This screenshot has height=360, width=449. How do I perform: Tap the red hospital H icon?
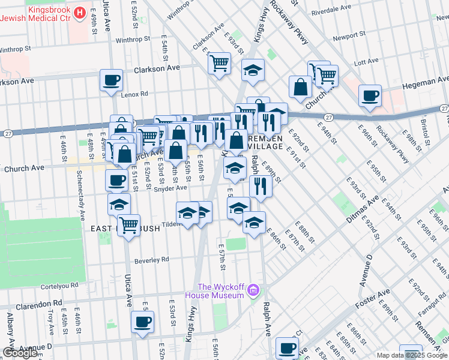click(x=80, y=11)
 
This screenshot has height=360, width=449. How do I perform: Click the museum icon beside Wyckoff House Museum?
click(x=254, y=291)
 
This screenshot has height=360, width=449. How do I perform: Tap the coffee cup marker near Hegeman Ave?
click(x=369, y=95)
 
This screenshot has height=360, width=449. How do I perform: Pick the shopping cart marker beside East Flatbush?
click(x=128, y=225)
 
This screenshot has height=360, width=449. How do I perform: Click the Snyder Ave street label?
click(x=170, y=188)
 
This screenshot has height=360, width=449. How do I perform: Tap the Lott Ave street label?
click(x=367, y=61)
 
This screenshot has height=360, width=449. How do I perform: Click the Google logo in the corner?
click(x=21, y=353)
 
